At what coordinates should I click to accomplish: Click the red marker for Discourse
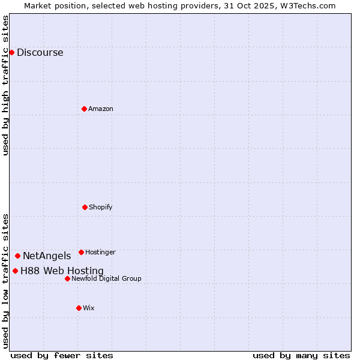[x=11, y=52]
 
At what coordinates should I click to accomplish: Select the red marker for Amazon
[x=85, y=109]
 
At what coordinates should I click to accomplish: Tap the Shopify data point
[x=85, y=207]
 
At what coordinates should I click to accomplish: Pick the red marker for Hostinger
[x=81, y=252]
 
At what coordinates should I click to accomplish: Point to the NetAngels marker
[x=17, y=256]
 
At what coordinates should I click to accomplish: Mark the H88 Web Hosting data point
[x=15, y=271]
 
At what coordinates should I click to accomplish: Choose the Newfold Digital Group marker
[x=67, y=278]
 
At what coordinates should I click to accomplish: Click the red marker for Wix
[x=79, y=308]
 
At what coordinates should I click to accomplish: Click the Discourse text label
[x=40, y=52]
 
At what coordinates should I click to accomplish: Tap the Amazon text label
[x=101, y=109]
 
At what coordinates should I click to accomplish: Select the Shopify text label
[x=101, y=207]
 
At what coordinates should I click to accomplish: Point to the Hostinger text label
[x=100, y=252]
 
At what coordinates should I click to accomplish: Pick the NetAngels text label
[x=47, y=256]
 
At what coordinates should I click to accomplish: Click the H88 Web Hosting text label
[x=62, y=271]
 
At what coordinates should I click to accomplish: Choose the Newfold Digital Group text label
[x=106, y=278]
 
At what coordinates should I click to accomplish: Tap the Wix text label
[x=89, y=308]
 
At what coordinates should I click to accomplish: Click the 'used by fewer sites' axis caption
[x=62, y=355]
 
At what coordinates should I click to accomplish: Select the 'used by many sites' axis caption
[x=301, y=355]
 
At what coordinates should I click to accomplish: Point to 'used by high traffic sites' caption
[x=5, y=85]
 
